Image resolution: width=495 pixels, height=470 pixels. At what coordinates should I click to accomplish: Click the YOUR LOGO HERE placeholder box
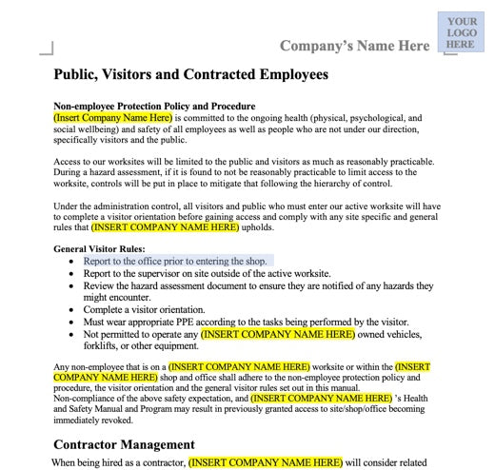coord(461,33)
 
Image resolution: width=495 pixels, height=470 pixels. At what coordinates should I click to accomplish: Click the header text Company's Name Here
coord(354,46)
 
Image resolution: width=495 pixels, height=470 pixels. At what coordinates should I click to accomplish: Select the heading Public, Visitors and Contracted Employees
coord(190,74)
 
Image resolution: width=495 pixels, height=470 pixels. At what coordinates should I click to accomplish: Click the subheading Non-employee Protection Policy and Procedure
coord(153,106)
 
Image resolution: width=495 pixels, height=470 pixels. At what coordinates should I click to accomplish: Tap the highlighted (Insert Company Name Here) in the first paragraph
coord(111,117)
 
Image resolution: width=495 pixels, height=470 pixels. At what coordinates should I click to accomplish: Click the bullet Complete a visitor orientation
coord(156,310)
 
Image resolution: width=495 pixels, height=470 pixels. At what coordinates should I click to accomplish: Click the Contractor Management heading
coord(124,444)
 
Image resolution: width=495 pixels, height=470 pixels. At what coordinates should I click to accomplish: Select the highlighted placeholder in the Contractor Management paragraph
coord(264,462)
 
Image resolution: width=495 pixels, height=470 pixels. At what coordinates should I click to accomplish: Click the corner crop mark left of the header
coord(46,48)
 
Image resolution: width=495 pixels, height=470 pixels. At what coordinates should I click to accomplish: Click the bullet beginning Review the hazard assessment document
coord(257,285)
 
